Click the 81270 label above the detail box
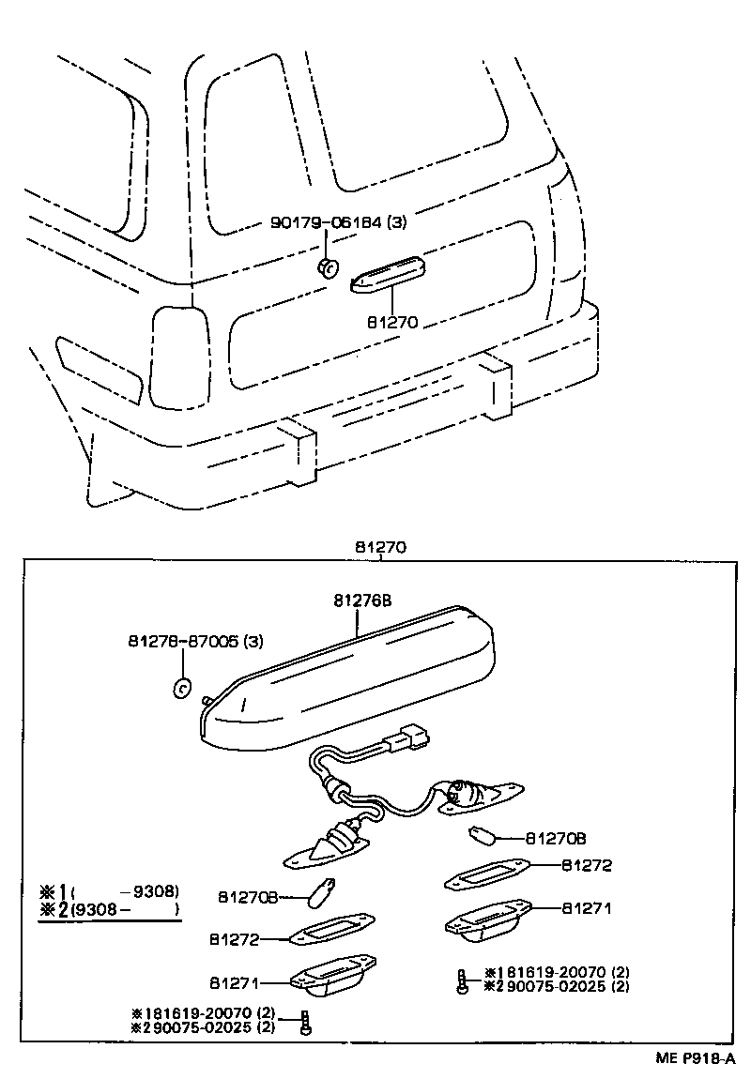tap(380, 547)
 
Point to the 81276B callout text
tap(360, 601)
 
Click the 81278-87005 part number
tap(195, 642)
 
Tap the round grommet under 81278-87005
tap(182, 687)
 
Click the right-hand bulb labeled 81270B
tap(481, 835)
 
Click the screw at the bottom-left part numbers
tap(305, 1021)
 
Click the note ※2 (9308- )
tap(108, 909)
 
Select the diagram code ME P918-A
tap(694, 1056)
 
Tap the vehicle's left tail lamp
tap(180, 357)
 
